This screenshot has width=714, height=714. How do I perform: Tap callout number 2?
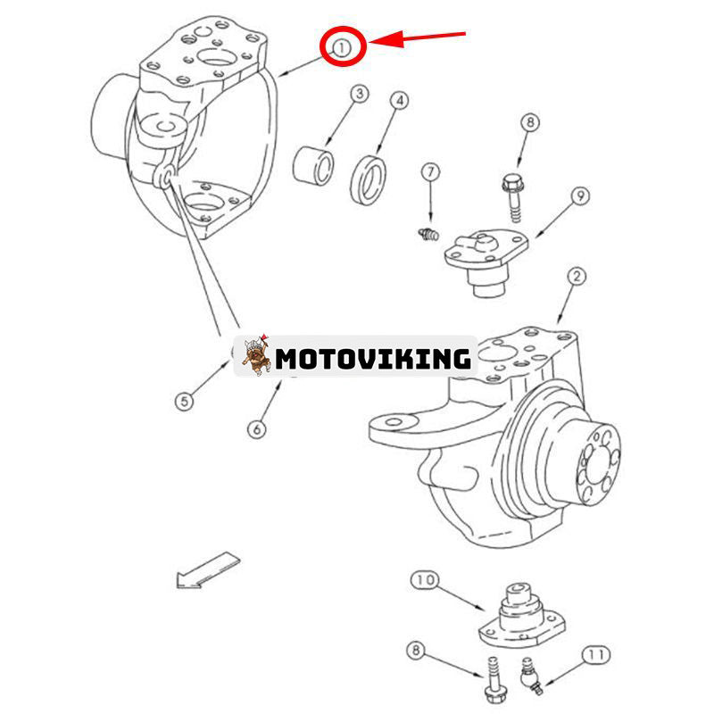pos(577,278)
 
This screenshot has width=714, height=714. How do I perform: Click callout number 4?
pos(400,101)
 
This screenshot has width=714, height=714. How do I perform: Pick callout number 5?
pos(184,402)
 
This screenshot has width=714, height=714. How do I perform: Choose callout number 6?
pos(256,428)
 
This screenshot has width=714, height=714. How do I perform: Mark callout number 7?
pos(430,170)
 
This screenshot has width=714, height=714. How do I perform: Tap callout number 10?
pos(424,580)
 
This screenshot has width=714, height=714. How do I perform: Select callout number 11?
pos(596,655)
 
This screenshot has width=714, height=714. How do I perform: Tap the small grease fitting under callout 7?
pos(426,235)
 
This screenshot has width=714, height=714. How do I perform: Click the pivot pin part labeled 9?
pos(483,260)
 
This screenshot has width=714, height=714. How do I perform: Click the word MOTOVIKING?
pos(373,359)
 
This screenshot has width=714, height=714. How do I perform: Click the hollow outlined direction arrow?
pos(208,569)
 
